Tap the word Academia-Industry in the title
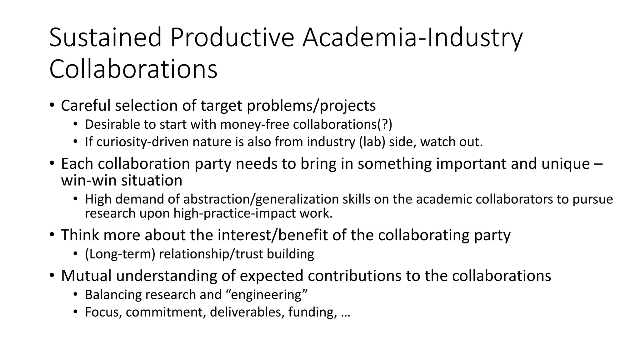pos(412,37)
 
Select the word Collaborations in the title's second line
pos(133,69)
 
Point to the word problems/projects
pos(311,106)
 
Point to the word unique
pos(565,164)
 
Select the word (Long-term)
pos(120,254)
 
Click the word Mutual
pos(86,276)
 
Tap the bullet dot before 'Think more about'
pos(52,234)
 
